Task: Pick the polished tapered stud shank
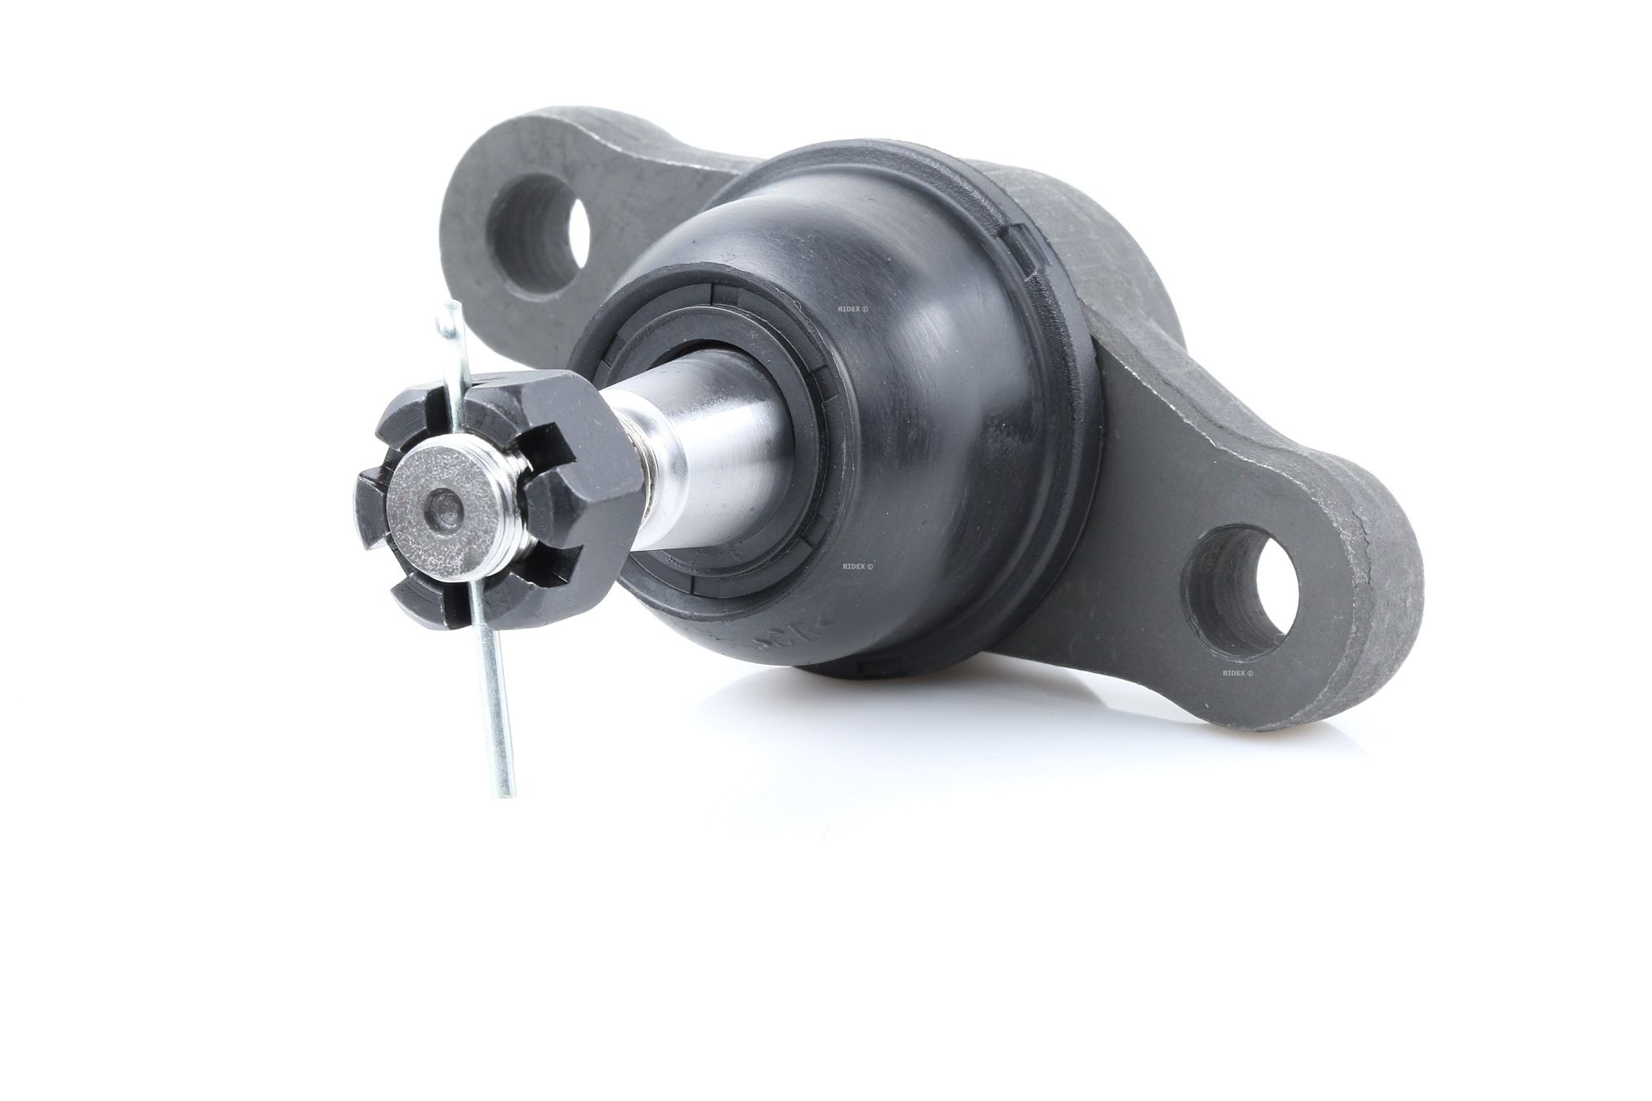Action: pos(710,463)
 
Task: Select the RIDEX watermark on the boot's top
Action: pos(853,310)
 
